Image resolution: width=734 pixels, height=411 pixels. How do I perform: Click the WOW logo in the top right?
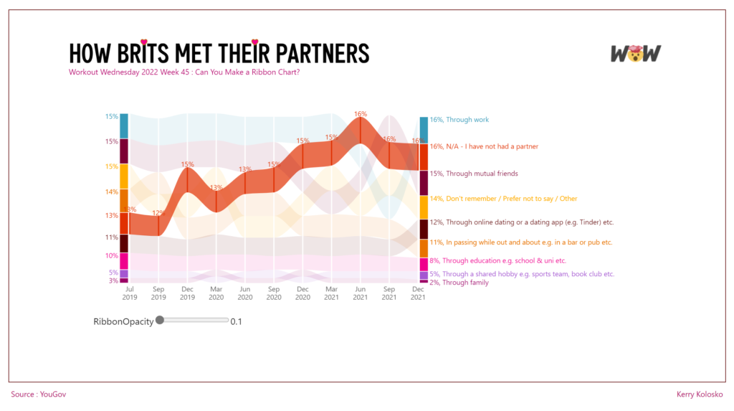pos(635,53)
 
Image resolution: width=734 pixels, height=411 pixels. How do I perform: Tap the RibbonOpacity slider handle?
pos(160,321)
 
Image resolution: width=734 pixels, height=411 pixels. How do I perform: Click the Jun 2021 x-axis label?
pos(360,293)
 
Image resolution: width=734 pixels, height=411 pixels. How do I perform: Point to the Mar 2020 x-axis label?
pos(216,293)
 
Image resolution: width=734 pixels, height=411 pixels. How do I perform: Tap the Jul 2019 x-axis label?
pos(130,293)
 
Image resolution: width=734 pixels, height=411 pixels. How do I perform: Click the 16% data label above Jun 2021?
pos(361,113)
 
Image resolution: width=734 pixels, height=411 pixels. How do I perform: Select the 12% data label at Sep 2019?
pos(158,213)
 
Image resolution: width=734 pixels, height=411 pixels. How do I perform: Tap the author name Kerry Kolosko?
pos(700,394)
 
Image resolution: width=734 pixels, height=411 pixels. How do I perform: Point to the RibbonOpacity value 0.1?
pos(236,321)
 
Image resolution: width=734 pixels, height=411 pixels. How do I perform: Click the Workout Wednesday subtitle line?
pos(183,72)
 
